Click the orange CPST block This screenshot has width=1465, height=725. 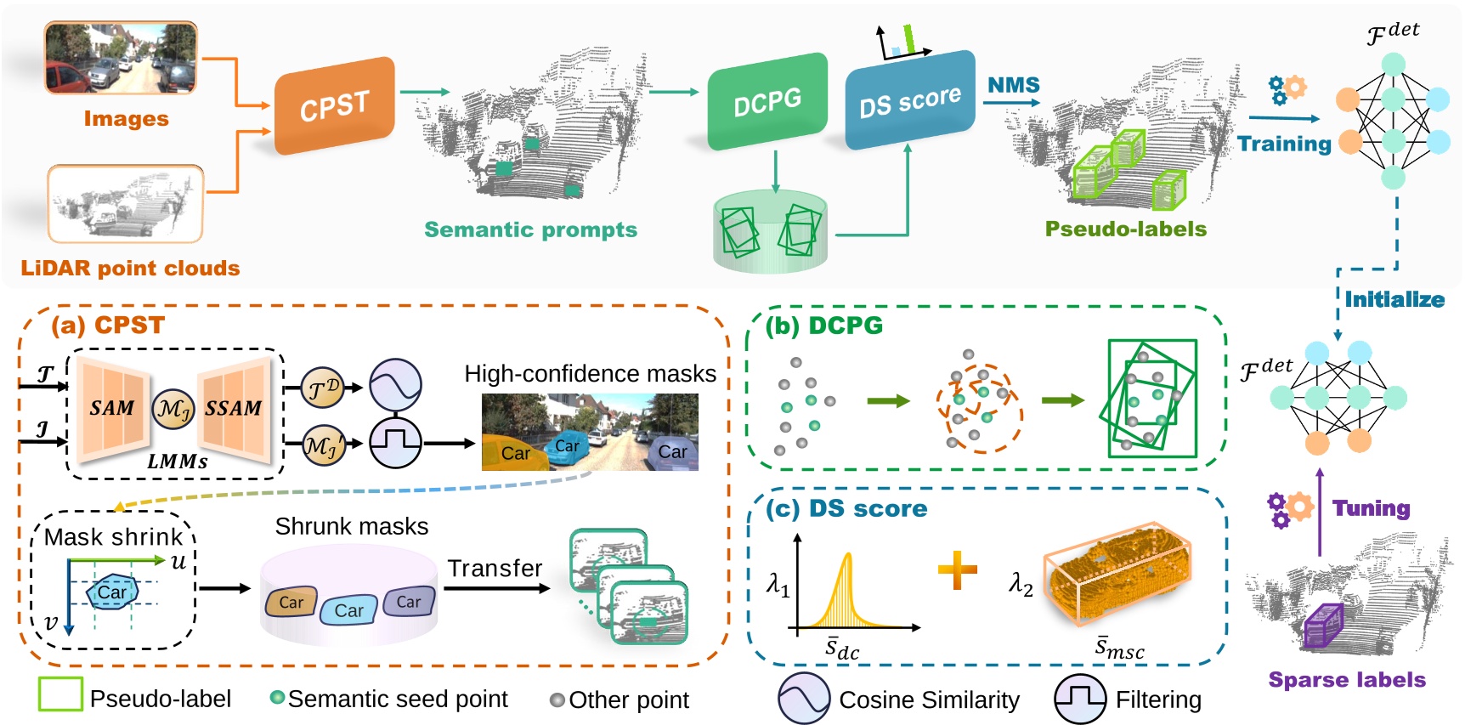(335, 106)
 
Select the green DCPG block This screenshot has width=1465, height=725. (767, 102)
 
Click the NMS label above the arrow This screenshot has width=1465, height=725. (1013, 85)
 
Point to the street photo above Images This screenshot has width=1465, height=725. (121, 58)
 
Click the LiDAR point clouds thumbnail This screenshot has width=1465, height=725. (125, 204)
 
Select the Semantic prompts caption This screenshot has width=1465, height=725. (530, 229)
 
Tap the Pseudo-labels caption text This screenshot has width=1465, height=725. (1125, 229)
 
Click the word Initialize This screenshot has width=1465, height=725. (1394, 299)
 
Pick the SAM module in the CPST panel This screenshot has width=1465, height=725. (112, 408)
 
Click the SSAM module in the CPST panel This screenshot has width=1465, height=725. (234, 408)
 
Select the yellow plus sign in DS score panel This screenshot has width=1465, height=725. (957, 570)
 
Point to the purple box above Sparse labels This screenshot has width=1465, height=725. (1322, 626)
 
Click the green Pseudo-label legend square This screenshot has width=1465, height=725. (60, 694)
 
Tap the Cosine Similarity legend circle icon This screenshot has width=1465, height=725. (803, 699)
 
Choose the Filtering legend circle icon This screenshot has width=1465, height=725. (1080, 699)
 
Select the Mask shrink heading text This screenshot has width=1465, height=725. (113, 537)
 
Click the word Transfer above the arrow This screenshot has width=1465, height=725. (495, 568)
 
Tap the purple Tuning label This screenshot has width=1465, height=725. (1371, 508)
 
